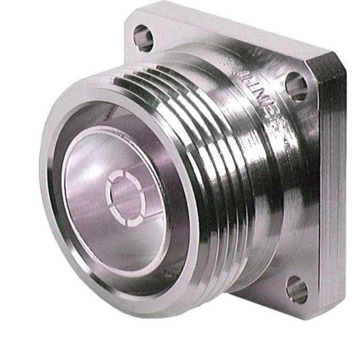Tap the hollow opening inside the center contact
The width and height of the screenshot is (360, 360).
(124, 195)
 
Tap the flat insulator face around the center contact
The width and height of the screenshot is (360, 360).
(103, 227)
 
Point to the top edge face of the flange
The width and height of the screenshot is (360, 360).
(227, 21)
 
